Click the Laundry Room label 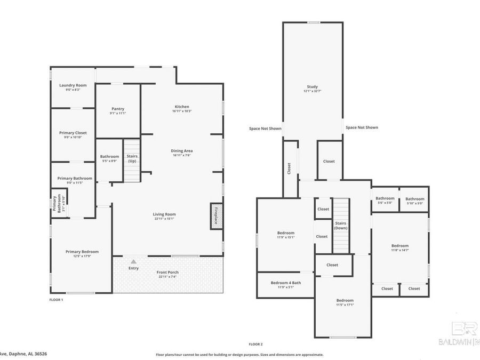tap(73, 85)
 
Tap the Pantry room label tap(117, 109)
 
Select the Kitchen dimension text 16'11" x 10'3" tap(181, 111)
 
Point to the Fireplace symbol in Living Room tap(216, 216)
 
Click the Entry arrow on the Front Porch tap(133, 261)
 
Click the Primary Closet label tap(73, 133)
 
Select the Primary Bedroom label tap(82, 252)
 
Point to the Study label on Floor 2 tap(312, 87)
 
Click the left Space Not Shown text tap(265, 128)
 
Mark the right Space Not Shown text tap(362, 127)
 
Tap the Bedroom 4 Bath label tap(286, 283)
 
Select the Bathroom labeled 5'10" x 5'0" tap(414, 198)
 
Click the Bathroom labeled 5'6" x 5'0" tap(385, 198)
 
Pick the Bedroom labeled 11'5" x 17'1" tap(345, 300)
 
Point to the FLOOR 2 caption tap(255, 344)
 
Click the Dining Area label tap(181, 151)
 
